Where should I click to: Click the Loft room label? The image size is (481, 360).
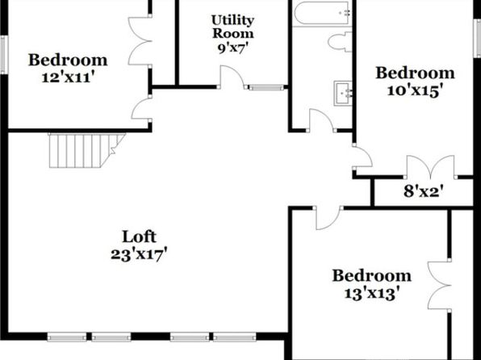139,237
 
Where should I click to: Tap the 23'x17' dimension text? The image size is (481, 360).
139,254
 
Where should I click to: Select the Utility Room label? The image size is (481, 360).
232,27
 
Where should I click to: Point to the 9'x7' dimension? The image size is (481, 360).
232,48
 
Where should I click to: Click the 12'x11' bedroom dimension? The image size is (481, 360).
66,77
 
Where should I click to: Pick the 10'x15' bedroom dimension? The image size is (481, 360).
416,91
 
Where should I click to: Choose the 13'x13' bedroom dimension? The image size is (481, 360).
372,294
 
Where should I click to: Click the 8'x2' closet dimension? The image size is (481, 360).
424,192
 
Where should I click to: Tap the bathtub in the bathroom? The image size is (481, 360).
322,13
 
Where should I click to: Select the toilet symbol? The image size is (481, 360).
340,42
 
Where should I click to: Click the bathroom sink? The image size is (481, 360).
343,94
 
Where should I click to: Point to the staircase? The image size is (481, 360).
87,150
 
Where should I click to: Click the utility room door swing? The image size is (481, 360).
232,77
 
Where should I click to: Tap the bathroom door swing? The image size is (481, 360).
321,120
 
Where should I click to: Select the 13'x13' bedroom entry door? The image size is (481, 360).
328,218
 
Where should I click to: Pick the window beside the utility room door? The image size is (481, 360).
266,88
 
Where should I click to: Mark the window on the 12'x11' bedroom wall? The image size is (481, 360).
3,55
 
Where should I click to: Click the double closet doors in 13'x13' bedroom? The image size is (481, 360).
439,286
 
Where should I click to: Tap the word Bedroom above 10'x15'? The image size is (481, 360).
416,73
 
